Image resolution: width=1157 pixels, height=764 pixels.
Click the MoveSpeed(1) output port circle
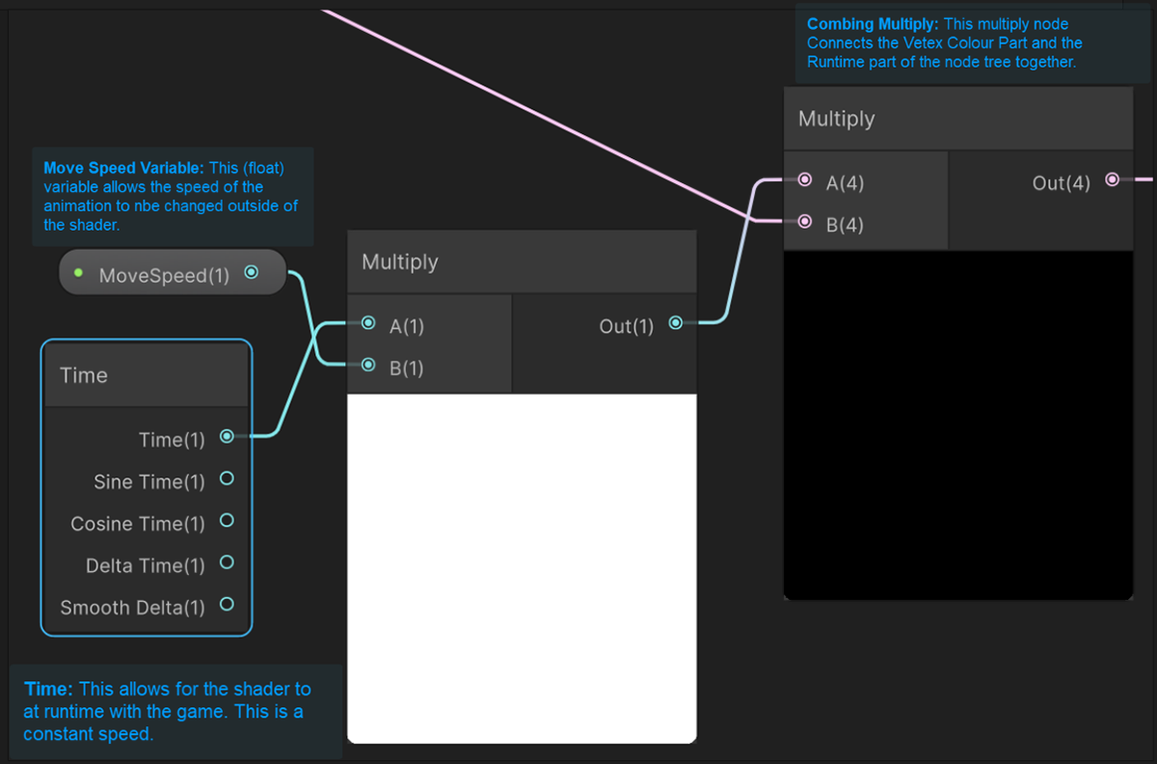pos(252,272)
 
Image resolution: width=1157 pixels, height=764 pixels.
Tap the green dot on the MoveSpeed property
pos(78,273)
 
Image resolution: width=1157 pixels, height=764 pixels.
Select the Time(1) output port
pos(227,436)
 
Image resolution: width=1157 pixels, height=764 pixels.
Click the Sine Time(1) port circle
pos(227,478)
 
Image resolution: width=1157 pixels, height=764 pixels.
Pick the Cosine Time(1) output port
pos(227,520)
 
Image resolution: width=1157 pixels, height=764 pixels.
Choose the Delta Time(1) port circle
pos(227,562)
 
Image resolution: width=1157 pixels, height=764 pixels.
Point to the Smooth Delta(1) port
pos(227,604)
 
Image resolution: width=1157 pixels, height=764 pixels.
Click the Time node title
pos(84,375)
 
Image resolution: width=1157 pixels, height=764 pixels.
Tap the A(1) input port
pos(367,324)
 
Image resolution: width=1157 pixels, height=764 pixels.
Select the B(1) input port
pos(367,366)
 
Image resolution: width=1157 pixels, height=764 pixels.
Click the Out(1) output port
pos(676,323)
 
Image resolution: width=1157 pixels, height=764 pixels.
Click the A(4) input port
pos(804,180)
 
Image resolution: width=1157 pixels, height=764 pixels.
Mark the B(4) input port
pos(804,222)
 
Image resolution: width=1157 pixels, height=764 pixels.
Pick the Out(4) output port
pos(1112,180)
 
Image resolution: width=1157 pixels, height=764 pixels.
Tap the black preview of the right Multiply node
pos(957,424)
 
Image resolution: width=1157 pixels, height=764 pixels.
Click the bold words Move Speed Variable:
pos(123,168)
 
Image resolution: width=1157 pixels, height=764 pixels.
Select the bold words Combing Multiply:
pos(872,23)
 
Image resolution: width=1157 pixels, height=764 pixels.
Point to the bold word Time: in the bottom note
pos(48,689)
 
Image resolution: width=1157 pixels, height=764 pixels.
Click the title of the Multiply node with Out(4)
pos(837,119)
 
